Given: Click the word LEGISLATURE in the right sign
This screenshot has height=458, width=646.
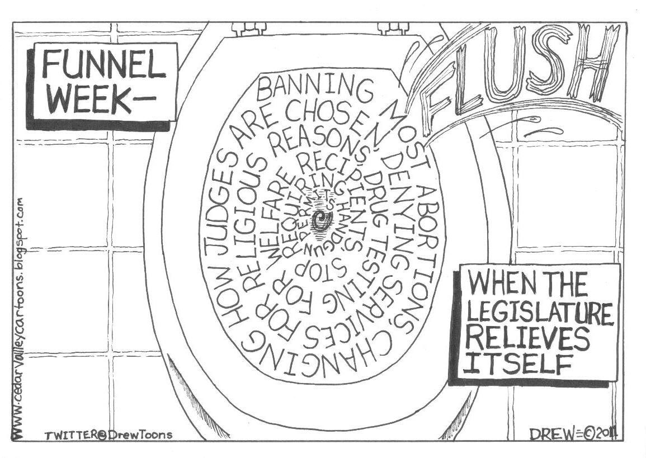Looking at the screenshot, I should (540, 314).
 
